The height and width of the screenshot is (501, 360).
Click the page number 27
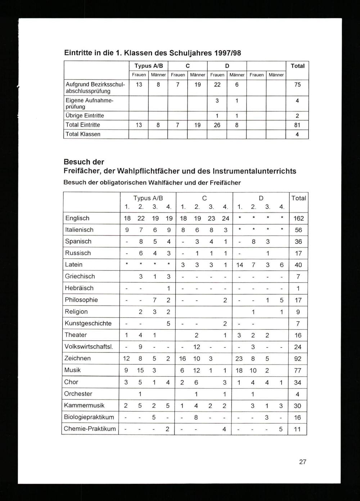coord(302,462)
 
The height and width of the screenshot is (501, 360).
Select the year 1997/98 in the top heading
coord(227,53)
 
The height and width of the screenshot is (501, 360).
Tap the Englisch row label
coord(77,218)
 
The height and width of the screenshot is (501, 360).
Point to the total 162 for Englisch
coord(298,218)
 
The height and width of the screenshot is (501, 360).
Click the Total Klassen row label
coord(83,134)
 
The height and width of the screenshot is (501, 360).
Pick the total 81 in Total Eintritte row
coord(297,125)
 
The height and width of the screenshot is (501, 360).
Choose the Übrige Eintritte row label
coord(85,115)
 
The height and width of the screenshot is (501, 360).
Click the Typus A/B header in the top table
coord(148,66)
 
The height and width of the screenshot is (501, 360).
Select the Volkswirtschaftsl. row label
coord(89,347)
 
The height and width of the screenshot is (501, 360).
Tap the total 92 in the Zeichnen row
coord(298,359)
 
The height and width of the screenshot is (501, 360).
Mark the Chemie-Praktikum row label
coord(90,429)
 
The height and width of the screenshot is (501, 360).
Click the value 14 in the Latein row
coord(239,265)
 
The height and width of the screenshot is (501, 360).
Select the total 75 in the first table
coord(297,85)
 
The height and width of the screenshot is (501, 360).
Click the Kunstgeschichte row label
coord(88,323)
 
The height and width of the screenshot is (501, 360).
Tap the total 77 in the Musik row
coord(298,370)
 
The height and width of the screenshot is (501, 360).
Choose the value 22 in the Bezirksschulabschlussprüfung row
coord(217,85)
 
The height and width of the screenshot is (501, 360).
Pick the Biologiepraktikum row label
coord(89,417)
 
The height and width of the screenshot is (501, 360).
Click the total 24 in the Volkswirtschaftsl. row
coord(298,347)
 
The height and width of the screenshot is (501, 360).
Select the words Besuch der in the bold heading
coord(84,162)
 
